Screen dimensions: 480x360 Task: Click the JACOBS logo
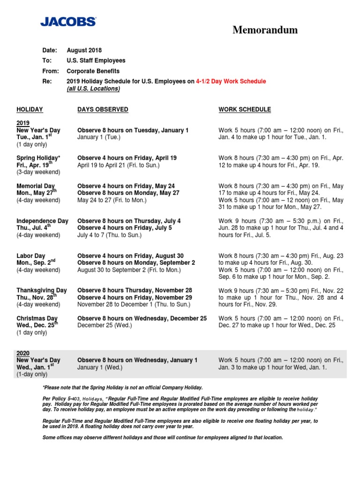68,22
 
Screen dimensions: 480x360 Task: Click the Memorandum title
265,30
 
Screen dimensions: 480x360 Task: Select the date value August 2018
84,50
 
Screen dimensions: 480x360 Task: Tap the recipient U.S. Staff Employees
96,60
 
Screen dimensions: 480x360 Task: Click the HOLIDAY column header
30,109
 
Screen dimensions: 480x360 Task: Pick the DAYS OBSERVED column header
103,109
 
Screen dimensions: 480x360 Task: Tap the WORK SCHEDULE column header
245,109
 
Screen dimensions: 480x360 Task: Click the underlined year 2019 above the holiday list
23,123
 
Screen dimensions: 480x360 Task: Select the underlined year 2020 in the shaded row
23,352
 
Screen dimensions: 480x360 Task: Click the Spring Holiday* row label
38,158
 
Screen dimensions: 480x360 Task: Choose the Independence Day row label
42,221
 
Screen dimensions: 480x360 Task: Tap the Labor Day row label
31,255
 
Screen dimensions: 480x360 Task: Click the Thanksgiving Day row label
42,290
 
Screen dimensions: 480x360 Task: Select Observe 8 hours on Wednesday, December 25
142,318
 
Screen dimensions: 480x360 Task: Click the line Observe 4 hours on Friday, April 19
127,158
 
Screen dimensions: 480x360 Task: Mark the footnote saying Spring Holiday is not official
122,387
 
